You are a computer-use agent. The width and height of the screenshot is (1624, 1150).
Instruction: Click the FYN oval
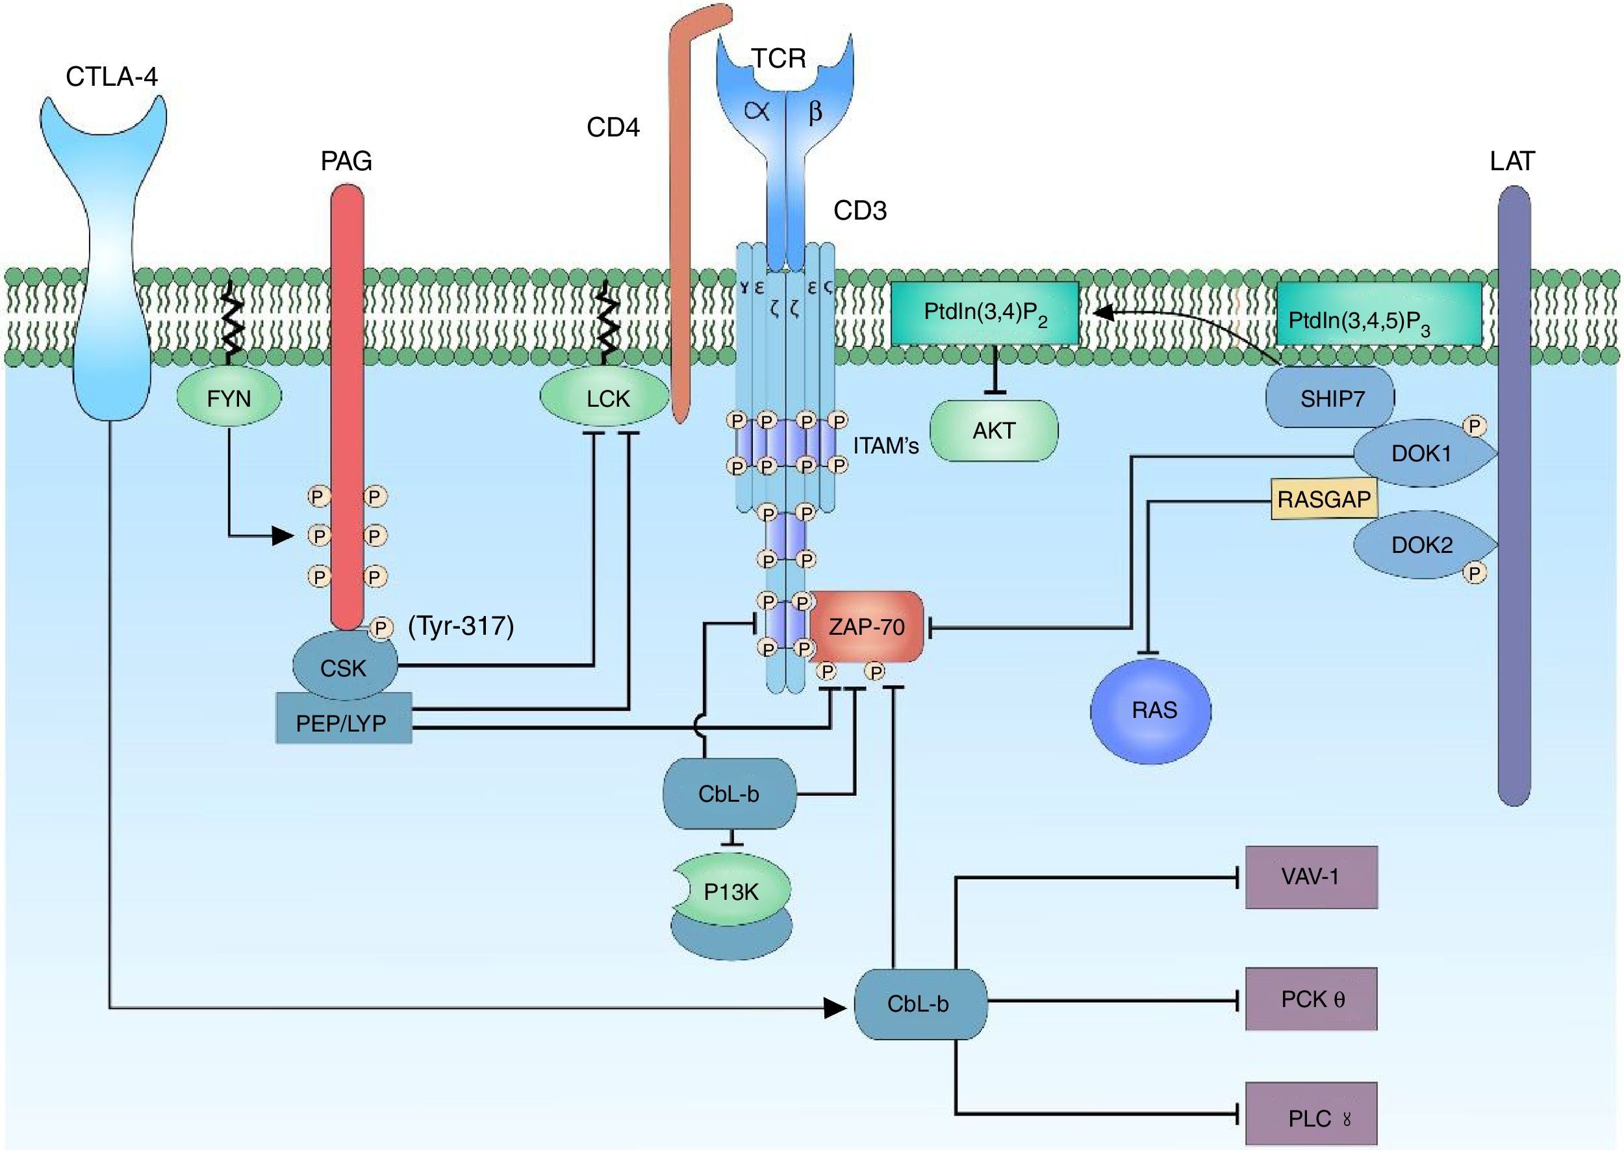[x=229, y=398]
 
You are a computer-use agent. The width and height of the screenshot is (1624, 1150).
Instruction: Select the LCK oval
[x=604, y=398]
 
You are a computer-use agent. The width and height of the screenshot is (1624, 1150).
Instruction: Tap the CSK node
[x=345, y=666]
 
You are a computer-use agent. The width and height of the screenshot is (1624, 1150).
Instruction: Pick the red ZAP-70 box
[x=867, y=627]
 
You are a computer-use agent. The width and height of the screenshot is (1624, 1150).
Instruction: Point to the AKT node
[x=994, y=430]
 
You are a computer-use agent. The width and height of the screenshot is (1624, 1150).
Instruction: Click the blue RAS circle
[x=1150, y=710]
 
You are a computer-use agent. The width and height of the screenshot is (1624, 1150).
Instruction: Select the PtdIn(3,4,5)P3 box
[x=1379, y=314]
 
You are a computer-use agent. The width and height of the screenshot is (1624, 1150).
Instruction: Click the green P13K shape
[x=731, y=891]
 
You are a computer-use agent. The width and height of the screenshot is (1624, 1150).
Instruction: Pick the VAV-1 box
[x=1311, y=876]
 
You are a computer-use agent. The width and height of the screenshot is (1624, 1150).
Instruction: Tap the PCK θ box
[x=1311, y=999]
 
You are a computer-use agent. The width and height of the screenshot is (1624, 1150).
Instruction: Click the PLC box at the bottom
[x=1311, y=1118]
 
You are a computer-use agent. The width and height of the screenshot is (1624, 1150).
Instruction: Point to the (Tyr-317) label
[x=461, y=625]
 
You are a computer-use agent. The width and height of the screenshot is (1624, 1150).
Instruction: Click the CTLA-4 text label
[x=112, y=76]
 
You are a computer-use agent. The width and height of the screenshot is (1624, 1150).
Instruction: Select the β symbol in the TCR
[x=815, y=111]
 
